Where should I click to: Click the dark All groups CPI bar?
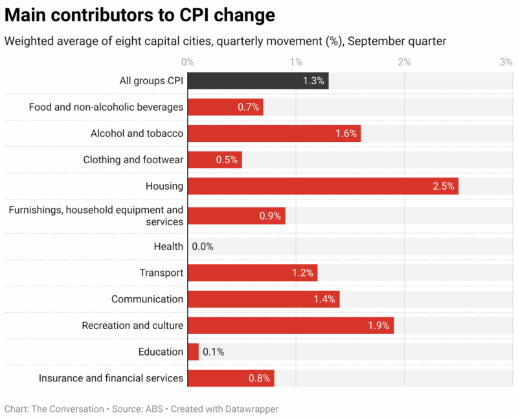(x=258, y=81)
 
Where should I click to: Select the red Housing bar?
(x=322, y=186)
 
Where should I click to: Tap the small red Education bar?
(x=193, y=352)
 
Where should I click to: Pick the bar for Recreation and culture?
(x=290, y=326)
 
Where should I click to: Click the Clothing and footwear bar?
(x=214, y=159)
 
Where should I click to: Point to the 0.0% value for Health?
(x=203, y=247)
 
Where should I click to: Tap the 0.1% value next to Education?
(x=213, y=352)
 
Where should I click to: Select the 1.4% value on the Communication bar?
(x=324, y=299)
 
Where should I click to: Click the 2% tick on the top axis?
(x=404, y=62)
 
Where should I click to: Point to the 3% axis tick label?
(x=506, y=62)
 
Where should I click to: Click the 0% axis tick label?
(x=188, y=62)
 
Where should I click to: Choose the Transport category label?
(x=161, y=273)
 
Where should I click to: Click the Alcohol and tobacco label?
(x=137, y=133)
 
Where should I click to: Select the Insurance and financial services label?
(x=111, y=378)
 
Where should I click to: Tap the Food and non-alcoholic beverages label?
(x=106, y=107)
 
